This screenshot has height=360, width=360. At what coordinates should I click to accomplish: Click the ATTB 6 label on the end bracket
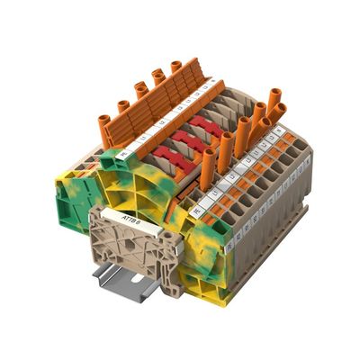(x=120, y=215)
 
